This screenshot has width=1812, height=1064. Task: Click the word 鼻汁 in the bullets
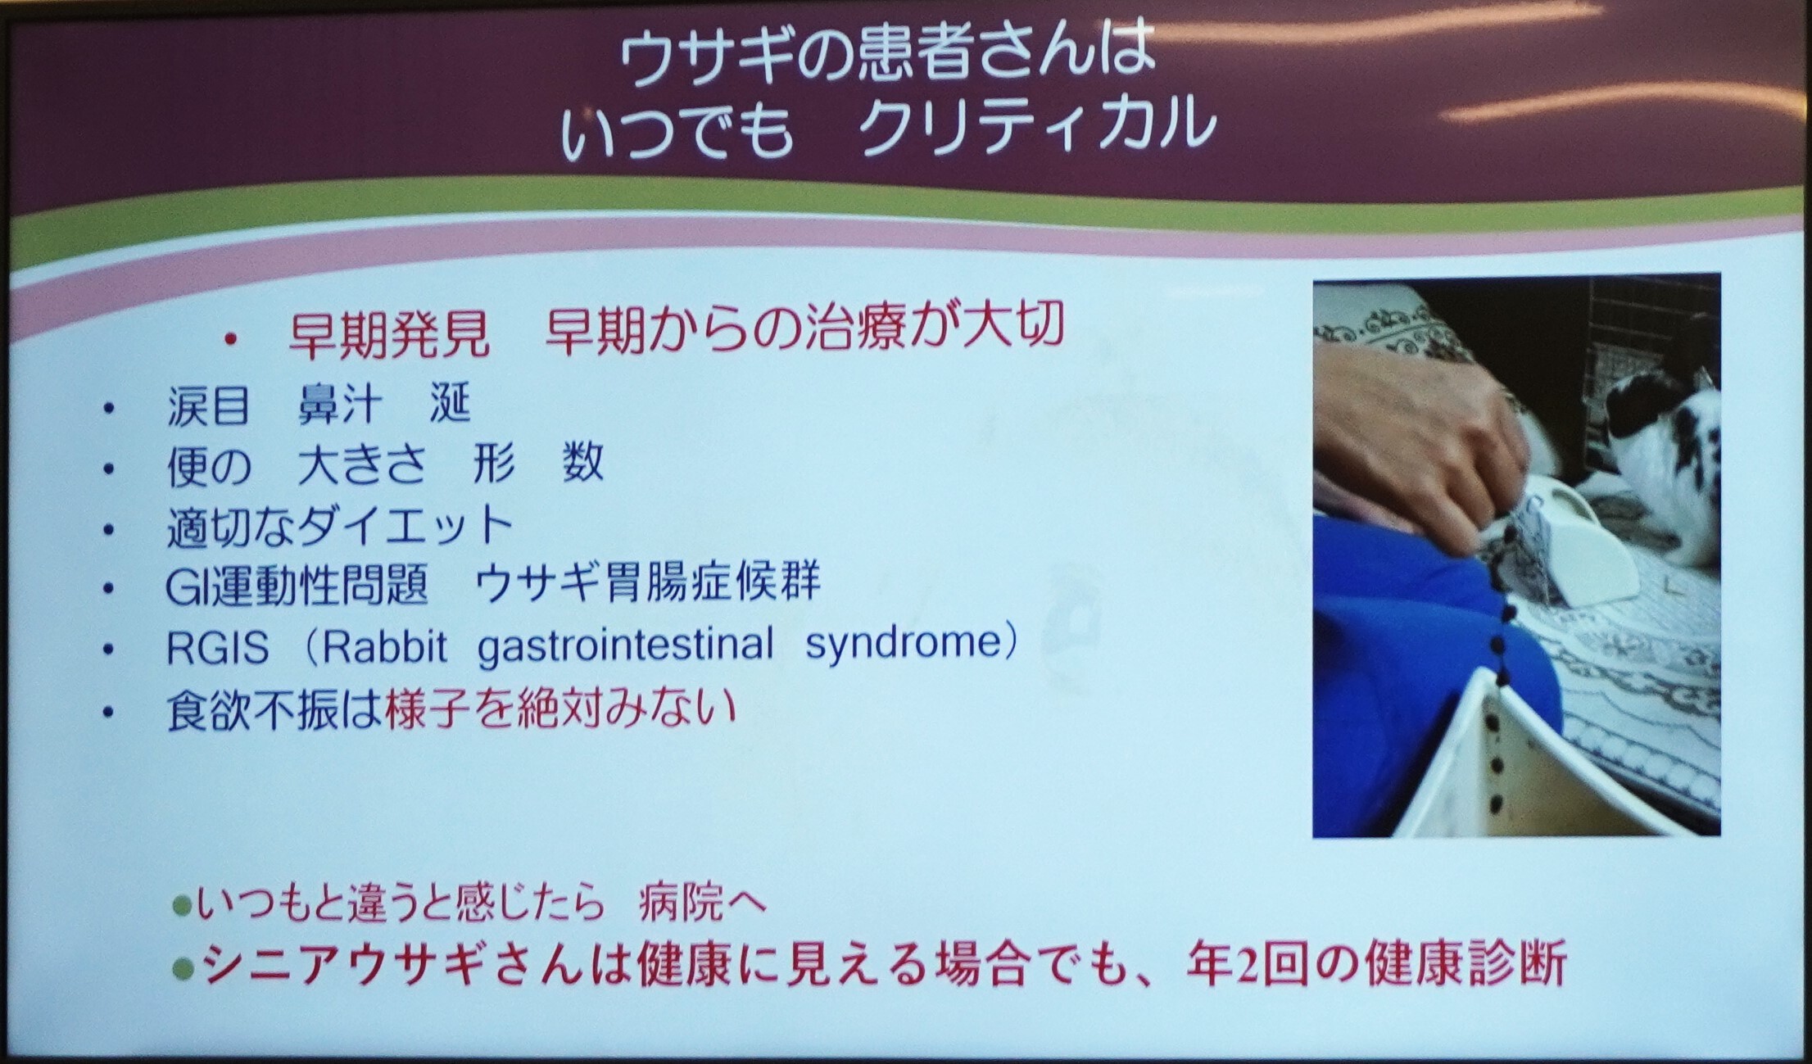(339, 405)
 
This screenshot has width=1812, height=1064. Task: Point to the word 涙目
(208, 405)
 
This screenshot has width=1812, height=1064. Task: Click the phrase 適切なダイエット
(340, 526)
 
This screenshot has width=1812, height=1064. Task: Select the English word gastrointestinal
(625, 645)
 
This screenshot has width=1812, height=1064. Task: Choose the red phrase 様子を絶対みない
(560, 709)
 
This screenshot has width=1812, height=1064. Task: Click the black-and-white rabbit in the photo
(1659, 467)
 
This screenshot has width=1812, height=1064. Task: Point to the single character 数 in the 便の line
(583, 464)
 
